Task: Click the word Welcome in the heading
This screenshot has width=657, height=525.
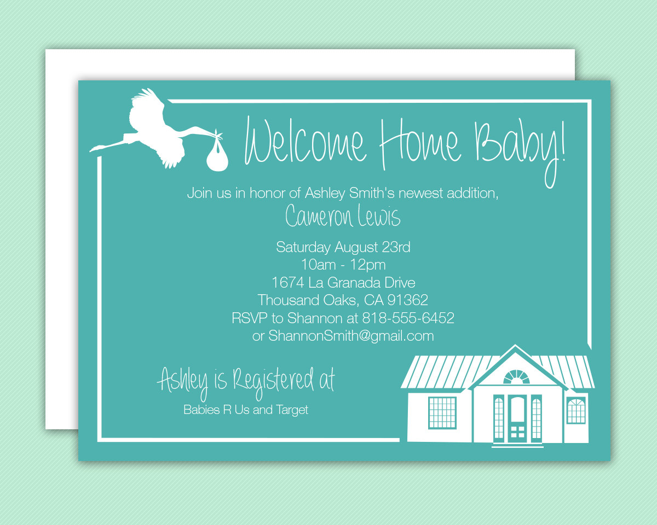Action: click(x=306, y=142)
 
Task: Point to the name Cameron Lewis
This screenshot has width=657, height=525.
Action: click(x=343, y=215)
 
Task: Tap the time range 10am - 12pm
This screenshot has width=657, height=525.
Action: click(x=343, y=265)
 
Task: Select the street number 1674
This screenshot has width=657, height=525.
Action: click(x=287, y=283)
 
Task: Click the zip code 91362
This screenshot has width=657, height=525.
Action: click(x=407, y=300)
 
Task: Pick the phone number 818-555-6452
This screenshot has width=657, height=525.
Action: click(x=408, y=318)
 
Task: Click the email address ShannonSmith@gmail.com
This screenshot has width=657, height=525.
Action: click(x=351, y=336)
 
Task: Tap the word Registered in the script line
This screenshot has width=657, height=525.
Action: click(x=274, y=381)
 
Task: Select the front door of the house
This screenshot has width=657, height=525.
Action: click(x=517, y=419)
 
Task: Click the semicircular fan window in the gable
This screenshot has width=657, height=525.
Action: click(x=516, y=377)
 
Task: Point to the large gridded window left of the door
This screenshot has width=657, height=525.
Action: click(x=442, y=413)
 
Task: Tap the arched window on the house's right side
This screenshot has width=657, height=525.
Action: click(x=576, y=411)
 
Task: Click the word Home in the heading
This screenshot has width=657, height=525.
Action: click(x=420, y=143)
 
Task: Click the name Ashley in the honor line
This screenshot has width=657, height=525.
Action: click(x=325, y=194)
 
